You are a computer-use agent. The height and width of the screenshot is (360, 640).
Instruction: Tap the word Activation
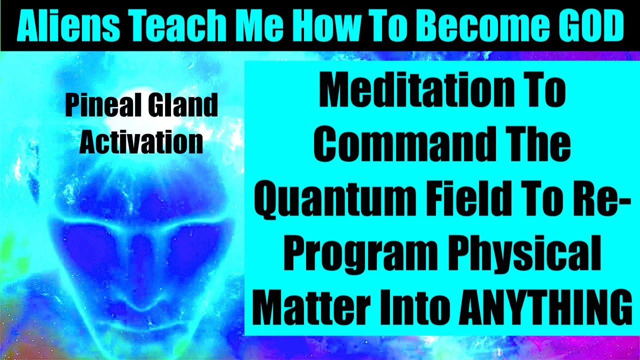pos(141,142)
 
